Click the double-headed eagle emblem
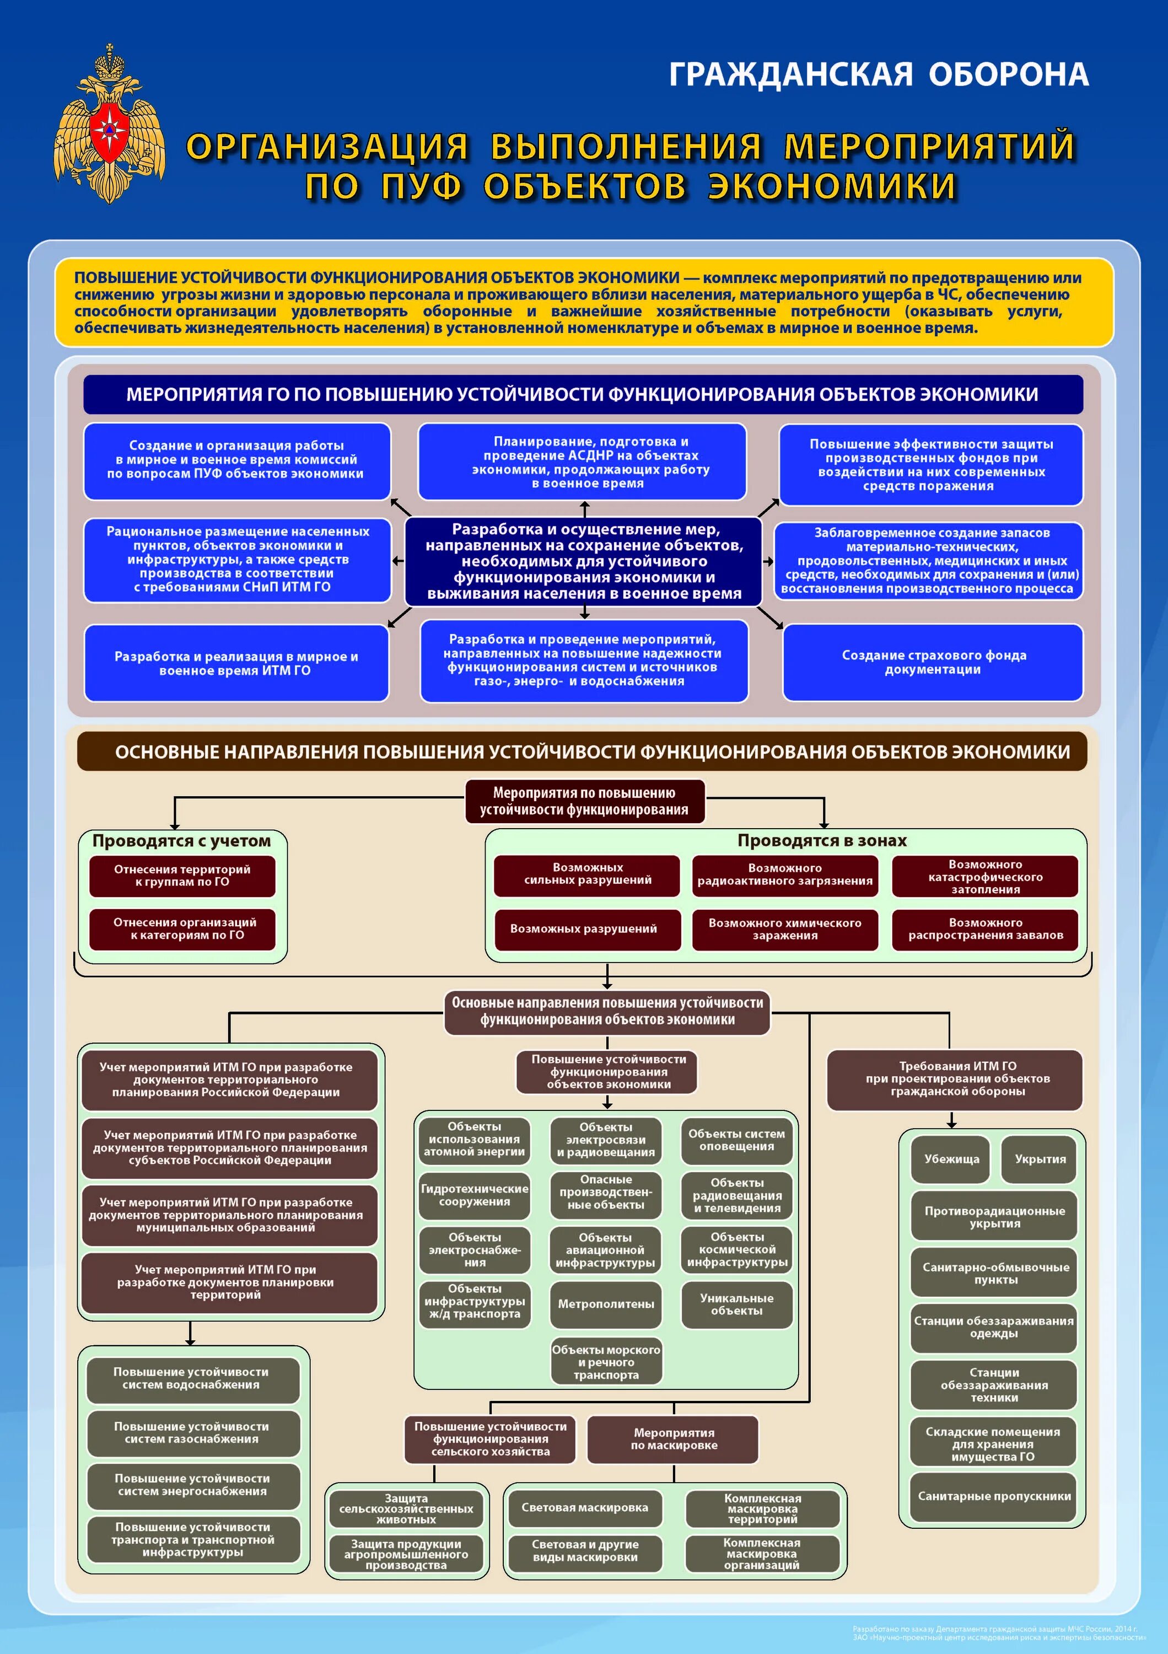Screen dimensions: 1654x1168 pos(110,124)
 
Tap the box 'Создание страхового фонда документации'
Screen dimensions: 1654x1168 pos(933,662)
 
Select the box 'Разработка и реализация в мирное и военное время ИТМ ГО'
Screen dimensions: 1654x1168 pos(236,663)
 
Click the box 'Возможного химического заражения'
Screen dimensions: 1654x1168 pos(785,930)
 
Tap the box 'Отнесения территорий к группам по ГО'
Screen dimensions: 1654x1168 pos(182,876)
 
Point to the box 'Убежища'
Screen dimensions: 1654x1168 pos(951,1159)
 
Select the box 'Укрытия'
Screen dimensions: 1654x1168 pos(1040,1159)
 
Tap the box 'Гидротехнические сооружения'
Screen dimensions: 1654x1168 pos(475,1195)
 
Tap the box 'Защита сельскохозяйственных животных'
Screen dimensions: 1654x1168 pos(406,1508)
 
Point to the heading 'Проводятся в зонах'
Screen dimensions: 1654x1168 pos(822,841)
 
